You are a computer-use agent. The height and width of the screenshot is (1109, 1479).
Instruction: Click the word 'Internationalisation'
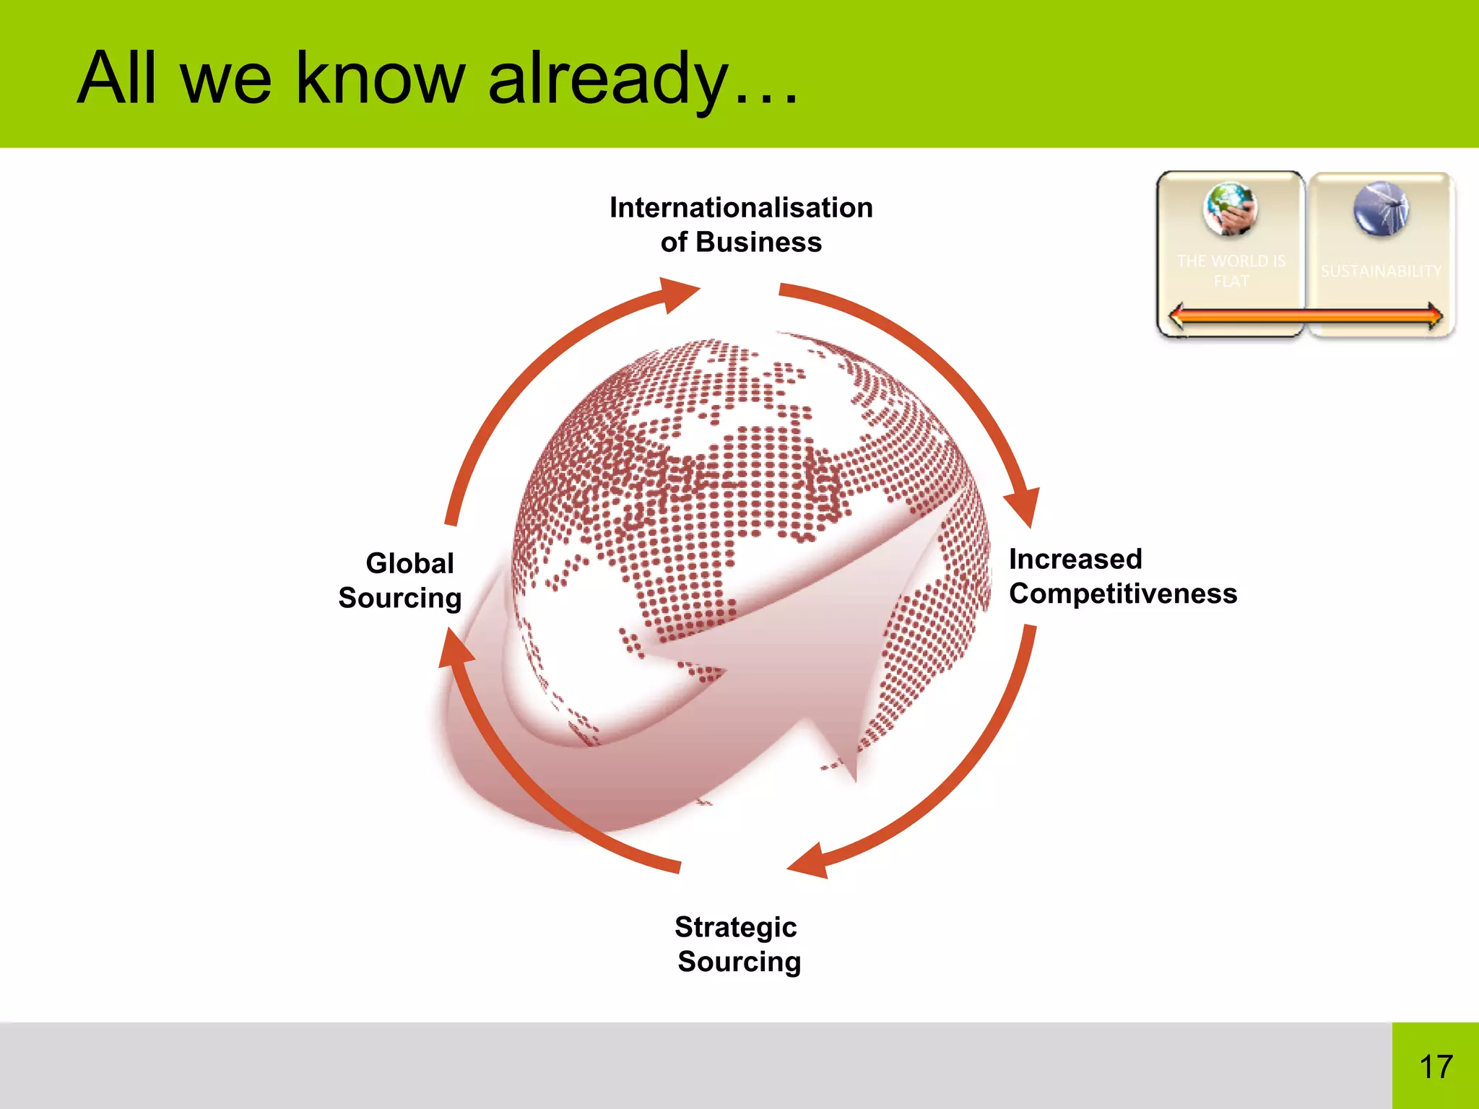(x=741, y=207)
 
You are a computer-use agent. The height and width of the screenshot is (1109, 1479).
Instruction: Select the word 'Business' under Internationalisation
(x=758, y=242)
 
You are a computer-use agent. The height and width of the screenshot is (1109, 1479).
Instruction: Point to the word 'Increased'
(x=1075, y=559)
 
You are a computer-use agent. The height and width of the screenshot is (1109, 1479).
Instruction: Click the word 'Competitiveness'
(x=1122, y=593)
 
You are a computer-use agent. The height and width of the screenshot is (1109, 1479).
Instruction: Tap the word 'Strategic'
(x=735, y=926)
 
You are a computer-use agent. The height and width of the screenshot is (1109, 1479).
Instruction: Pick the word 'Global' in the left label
(x=409, y=563)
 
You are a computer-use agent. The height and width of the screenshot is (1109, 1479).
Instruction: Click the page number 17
(x=1435, y=1066)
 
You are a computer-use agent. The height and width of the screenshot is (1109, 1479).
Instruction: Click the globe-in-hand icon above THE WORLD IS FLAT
(x=1230, y=209)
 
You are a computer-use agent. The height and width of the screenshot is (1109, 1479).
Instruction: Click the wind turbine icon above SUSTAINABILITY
(x=1381, y=208)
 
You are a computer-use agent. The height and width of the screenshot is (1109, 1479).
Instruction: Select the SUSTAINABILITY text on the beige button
(x=1380, y=271)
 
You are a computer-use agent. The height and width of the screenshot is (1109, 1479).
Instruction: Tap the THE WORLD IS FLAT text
(x=1231, y=271)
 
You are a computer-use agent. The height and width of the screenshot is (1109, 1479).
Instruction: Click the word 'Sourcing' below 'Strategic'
(x=739, y=961)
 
